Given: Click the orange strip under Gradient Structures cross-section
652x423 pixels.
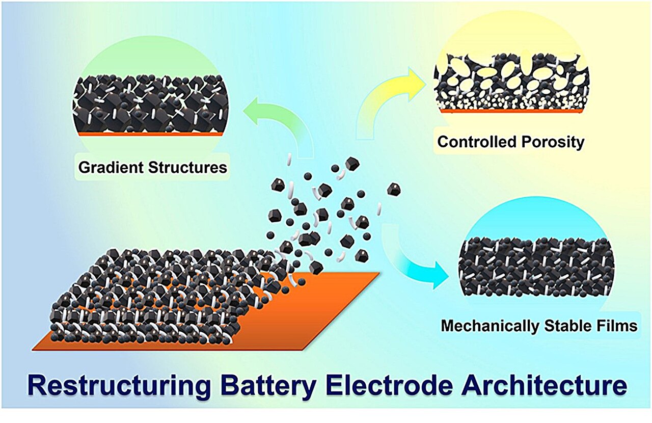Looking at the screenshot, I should [150, 134].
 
